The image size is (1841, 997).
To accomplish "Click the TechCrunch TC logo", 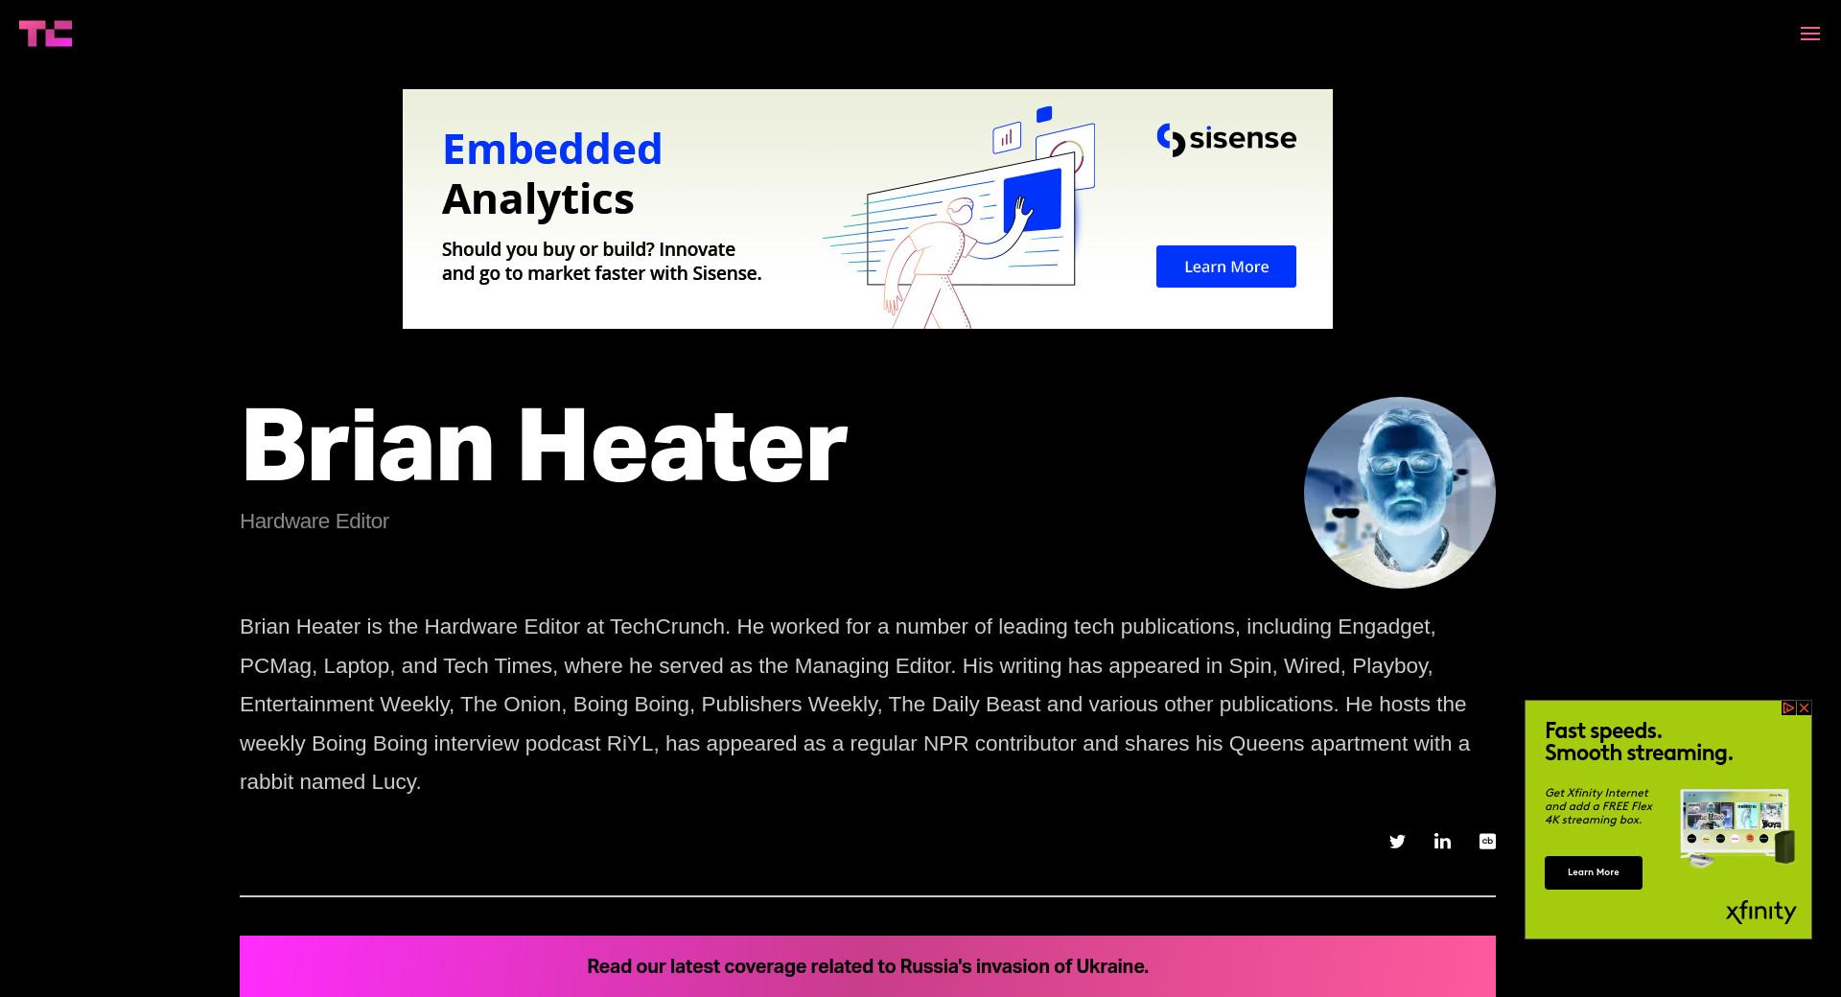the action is click(45, 34).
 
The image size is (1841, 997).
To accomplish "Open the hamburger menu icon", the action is click(1810, 34).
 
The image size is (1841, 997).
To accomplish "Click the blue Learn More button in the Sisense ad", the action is click(1225, 267).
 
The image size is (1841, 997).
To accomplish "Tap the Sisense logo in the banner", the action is click(1226, 139).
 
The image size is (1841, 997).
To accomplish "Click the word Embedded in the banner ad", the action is click(552, 150).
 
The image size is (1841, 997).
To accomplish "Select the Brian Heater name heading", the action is click(544, 446).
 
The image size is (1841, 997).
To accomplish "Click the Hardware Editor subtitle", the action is click(315, 522).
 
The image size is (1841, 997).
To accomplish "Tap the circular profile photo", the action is click(1400, 493).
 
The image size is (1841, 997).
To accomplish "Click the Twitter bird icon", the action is click(1397, 842).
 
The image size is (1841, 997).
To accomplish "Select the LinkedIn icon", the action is click(1442, 841).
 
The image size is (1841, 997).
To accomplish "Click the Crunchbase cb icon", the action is click(1487, 841).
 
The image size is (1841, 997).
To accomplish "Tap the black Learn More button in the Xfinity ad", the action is click(1594, 872).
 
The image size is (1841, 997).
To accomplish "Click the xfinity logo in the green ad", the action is click(1760, 911).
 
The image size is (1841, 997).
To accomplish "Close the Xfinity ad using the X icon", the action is click(1805, 707).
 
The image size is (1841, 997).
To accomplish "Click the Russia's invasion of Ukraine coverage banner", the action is click(868, 966).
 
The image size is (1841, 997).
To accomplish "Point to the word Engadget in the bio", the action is click(1386, 627).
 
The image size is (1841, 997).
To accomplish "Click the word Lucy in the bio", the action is click(395, 782).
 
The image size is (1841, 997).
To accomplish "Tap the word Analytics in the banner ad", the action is click(538, 199).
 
